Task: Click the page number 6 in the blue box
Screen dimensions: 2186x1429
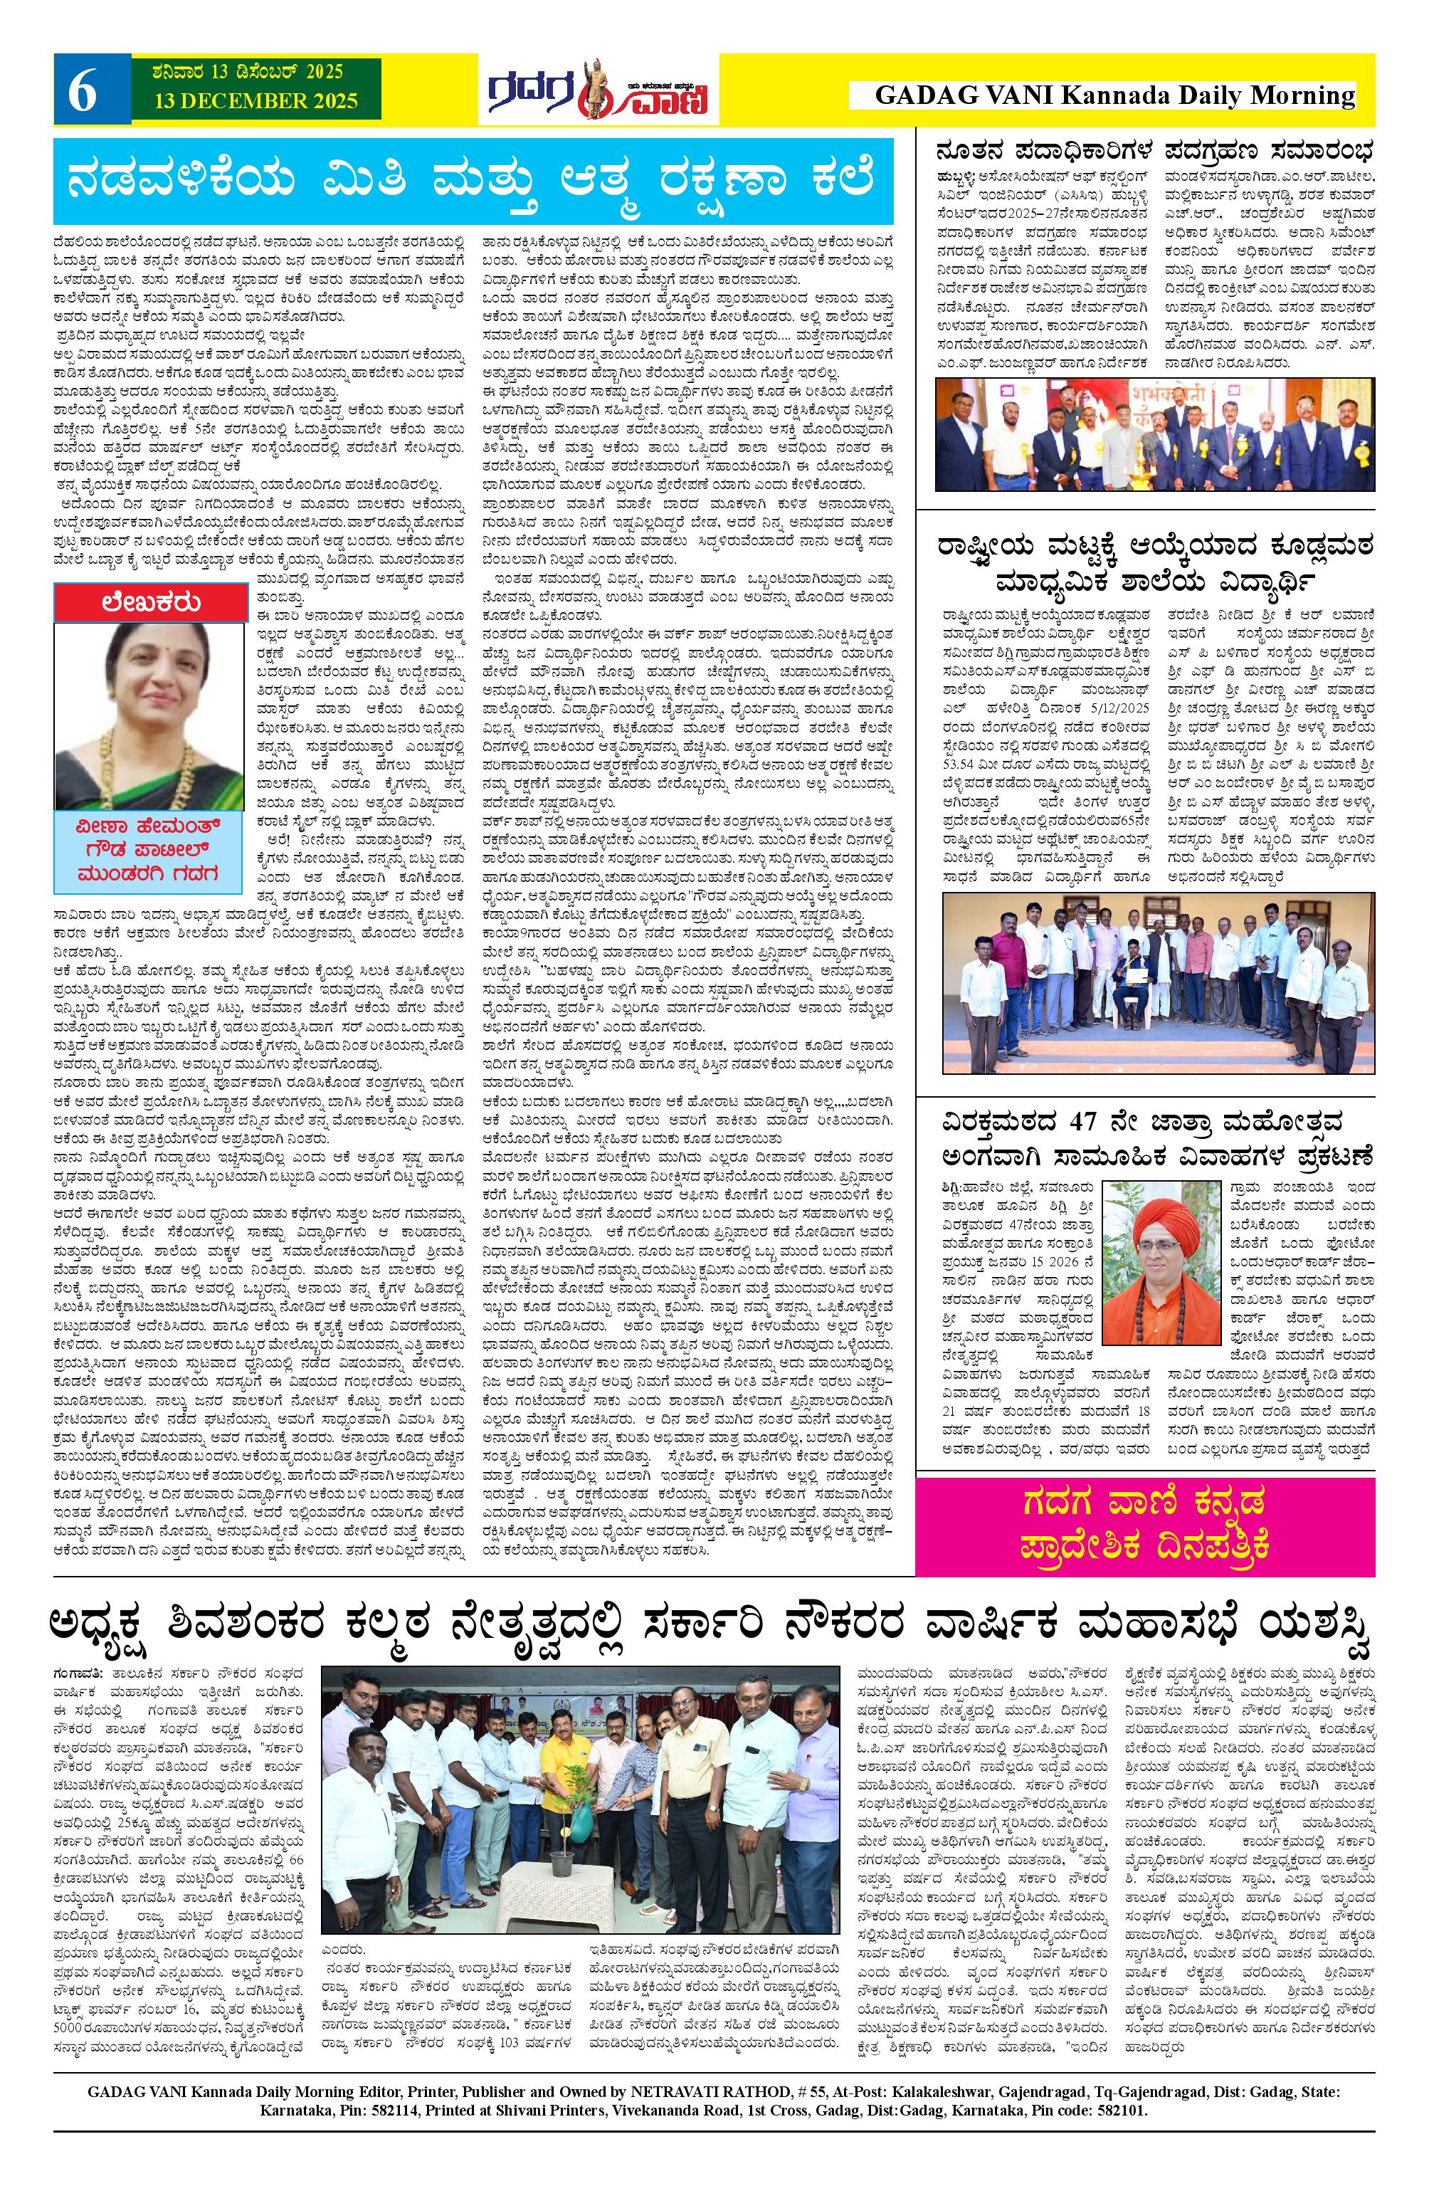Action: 83,94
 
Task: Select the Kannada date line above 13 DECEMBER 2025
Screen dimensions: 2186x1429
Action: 237,70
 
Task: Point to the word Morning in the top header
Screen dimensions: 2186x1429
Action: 1304,95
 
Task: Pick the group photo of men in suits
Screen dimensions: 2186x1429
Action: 1153,434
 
